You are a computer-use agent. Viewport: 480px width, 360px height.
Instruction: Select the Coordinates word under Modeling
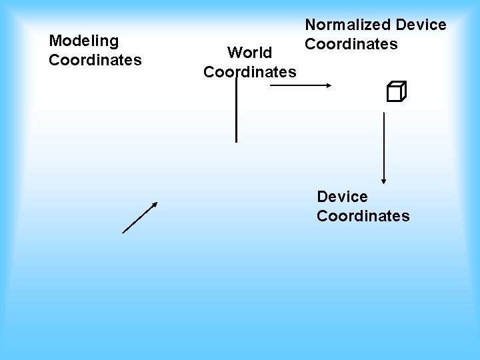tap(95, 60)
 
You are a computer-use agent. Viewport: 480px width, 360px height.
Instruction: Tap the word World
tap(249, 53)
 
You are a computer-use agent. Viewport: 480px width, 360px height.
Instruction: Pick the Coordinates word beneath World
tap(250, 71)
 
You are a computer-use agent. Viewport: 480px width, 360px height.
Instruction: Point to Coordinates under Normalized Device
tap(351, 44)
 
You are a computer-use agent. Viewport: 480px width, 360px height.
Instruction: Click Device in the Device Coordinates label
tap(342, 197)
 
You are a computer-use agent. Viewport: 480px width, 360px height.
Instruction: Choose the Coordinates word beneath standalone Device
tap(363, 216)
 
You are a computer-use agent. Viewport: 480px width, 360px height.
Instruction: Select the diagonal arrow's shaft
tap(139, 218)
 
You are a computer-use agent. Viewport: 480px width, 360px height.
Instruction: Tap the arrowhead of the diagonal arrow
tap(155, 204)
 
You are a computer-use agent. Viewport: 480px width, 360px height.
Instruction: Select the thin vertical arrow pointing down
tap(384, 147)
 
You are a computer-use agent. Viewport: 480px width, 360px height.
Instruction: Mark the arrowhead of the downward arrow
tap(384, 180)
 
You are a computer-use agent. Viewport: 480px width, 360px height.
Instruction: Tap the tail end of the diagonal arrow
tap(123, 233)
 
